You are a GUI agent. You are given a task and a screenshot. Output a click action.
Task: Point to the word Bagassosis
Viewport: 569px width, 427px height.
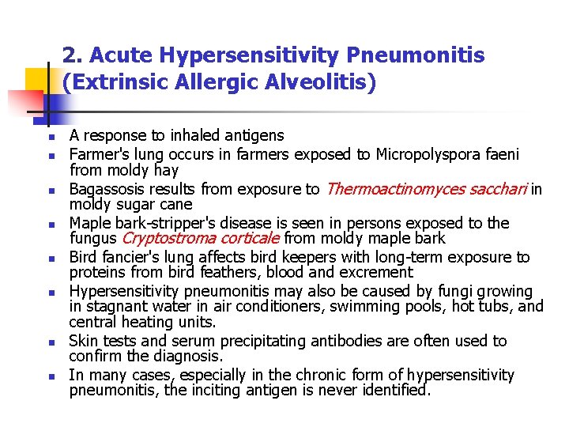click(x=103, y=188)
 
